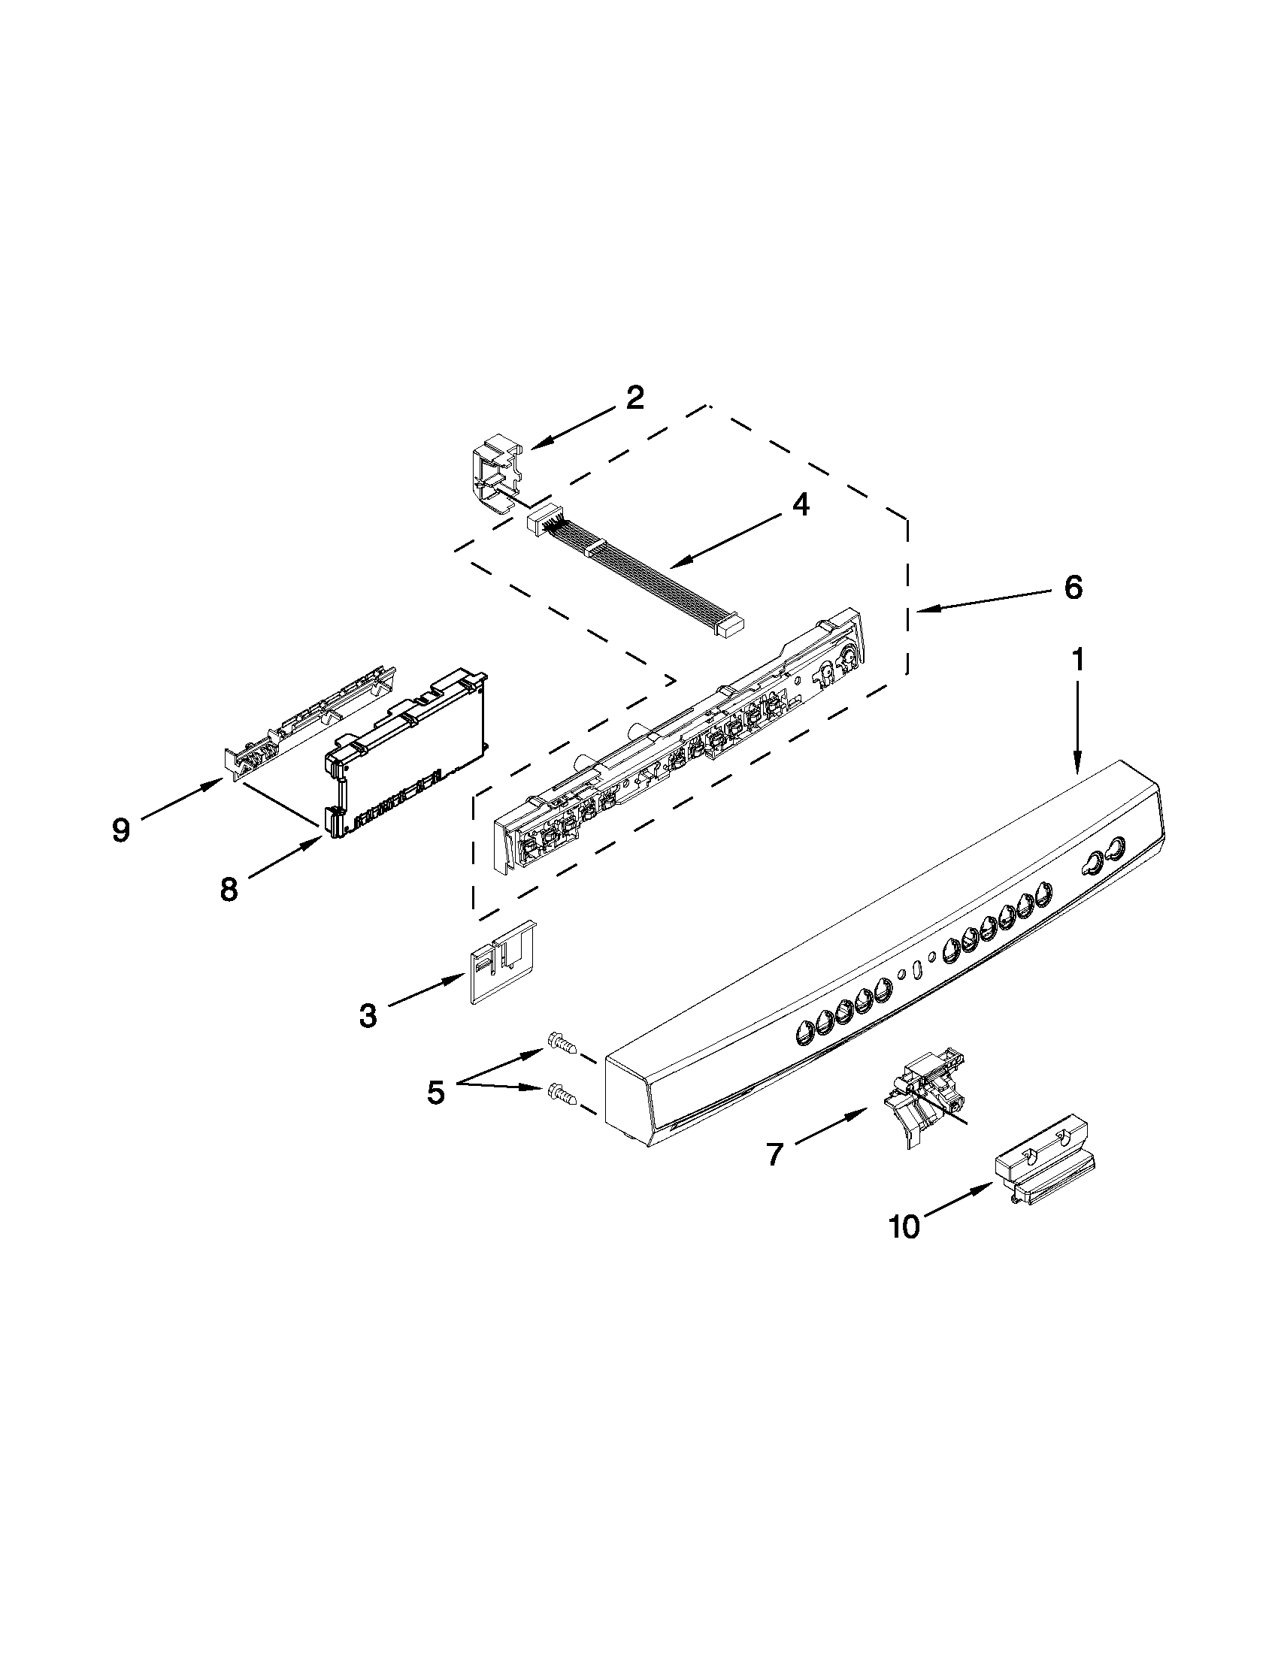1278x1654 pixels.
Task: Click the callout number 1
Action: point(1076,660)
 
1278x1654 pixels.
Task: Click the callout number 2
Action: point(634,398)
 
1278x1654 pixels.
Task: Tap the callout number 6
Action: point(1074,587)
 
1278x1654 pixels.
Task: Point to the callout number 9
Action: point(120,830)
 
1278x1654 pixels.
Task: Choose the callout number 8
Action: point(229,889)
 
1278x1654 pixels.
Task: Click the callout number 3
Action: point(368,1015)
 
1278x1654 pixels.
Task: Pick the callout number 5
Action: point(435,1092)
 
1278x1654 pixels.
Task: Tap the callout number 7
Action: point(774,1155)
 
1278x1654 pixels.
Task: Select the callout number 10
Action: point(904,1227)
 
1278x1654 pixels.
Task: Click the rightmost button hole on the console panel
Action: point(1114,848)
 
